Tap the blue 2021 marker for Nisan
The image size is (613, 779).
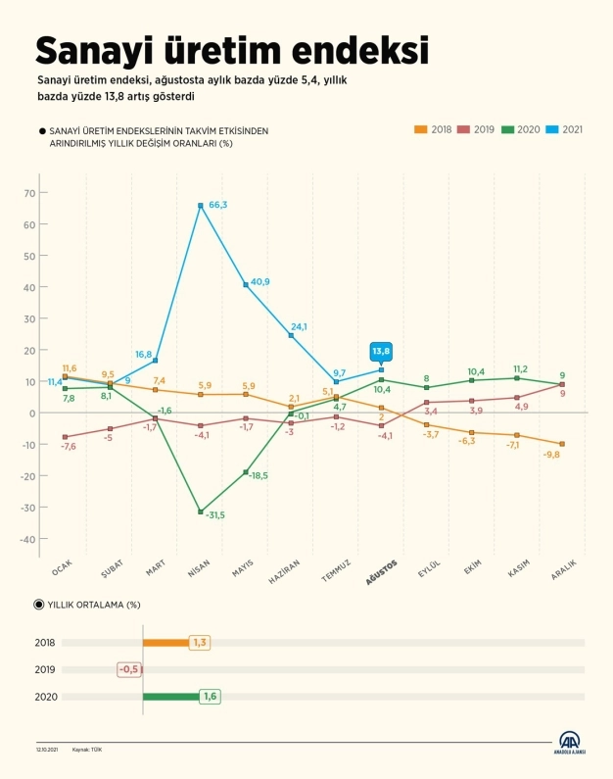coord(201,206)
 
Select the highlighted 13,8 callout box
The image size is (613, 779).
coord(381,350)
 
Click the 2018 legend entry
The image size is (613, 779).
coord(434,128)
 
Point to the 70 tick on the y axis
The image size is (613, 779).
coord(29,193)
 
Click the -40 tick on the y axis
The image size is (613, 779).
coord(28,539)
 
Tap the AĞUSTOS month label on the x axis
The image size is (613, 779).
coord(382,571)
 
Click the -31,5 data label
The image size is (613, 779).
coord(212,514)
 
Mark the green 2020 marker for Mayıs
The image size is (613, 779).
coord(246,472)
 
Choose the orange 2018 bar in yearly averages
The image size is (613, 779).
coord(165,643)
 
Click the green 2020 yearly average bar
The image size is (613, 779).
coord(170,697)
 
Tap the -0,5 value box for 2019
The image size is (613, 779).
coord(129,669)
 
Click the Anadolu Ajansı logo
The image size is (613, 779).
coord(569,743)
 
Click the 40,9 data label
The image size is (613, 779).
coord(260,282)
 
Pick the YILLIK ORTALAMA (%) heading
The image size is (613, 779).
coord(88,605)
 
